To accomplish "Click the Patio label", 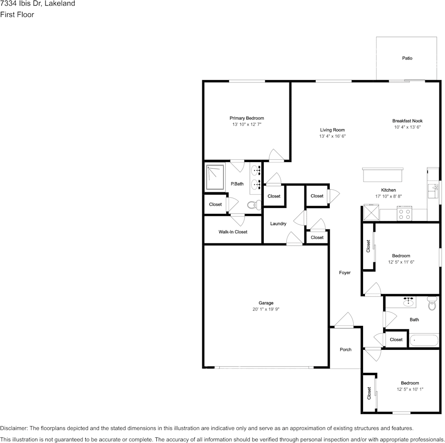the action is pyautogui.click(x=407, y=58).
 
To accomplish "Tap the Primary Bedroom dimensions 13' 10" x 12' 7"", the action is pyautogui.click(x=246, y=124).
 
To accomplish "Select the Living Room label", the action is pyautogui.click(x=332, y=130).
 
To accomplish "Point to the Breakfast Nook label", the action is pyautogui.click(x=407, y=121).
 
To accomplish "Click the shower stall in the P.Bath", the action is pyautogui.click(x=215, y=177).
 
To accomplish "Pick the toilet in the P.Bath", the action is pyautogui.click(x=254, y=205).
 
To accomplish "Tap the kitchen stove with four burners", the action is pyautogui.click(x=404, y=214).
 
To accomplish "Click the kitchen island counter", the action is pyautogui.click(x=383, y=175).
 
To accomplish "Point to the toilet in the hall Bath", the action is pyautogui.click(x=432, y=303).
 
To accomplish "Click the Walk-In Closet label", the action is pyautogui.click(x=233, y=232).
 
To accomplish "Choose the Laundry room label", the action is pyautogui.click(x=278, y=224).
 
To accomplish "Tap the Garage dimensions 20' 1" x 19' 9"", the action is pyautogui.click(x=266, y=310).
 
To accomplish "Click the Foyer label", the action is pyautogui.click(x=345, y=273).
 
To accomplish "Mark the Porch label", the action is pyautogui.click(x=345, y=350).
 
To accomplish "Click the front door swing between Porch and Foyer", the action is pyautogui.click(x=344, y=320).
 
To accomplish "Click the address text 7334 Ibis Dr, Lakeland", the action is pyautogui.click(x=37, y=3).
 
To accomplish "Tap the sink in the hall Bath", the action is pyautogui.click(x=408, y=302).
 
